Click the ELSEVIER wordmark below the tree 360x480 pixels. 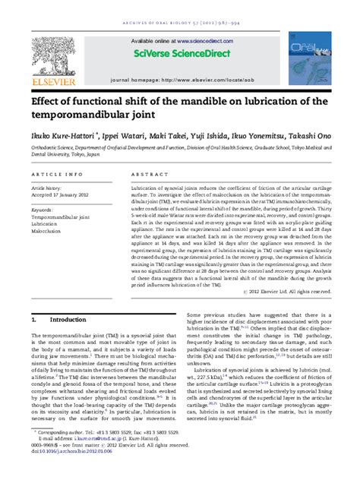(x=53, y=81)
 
